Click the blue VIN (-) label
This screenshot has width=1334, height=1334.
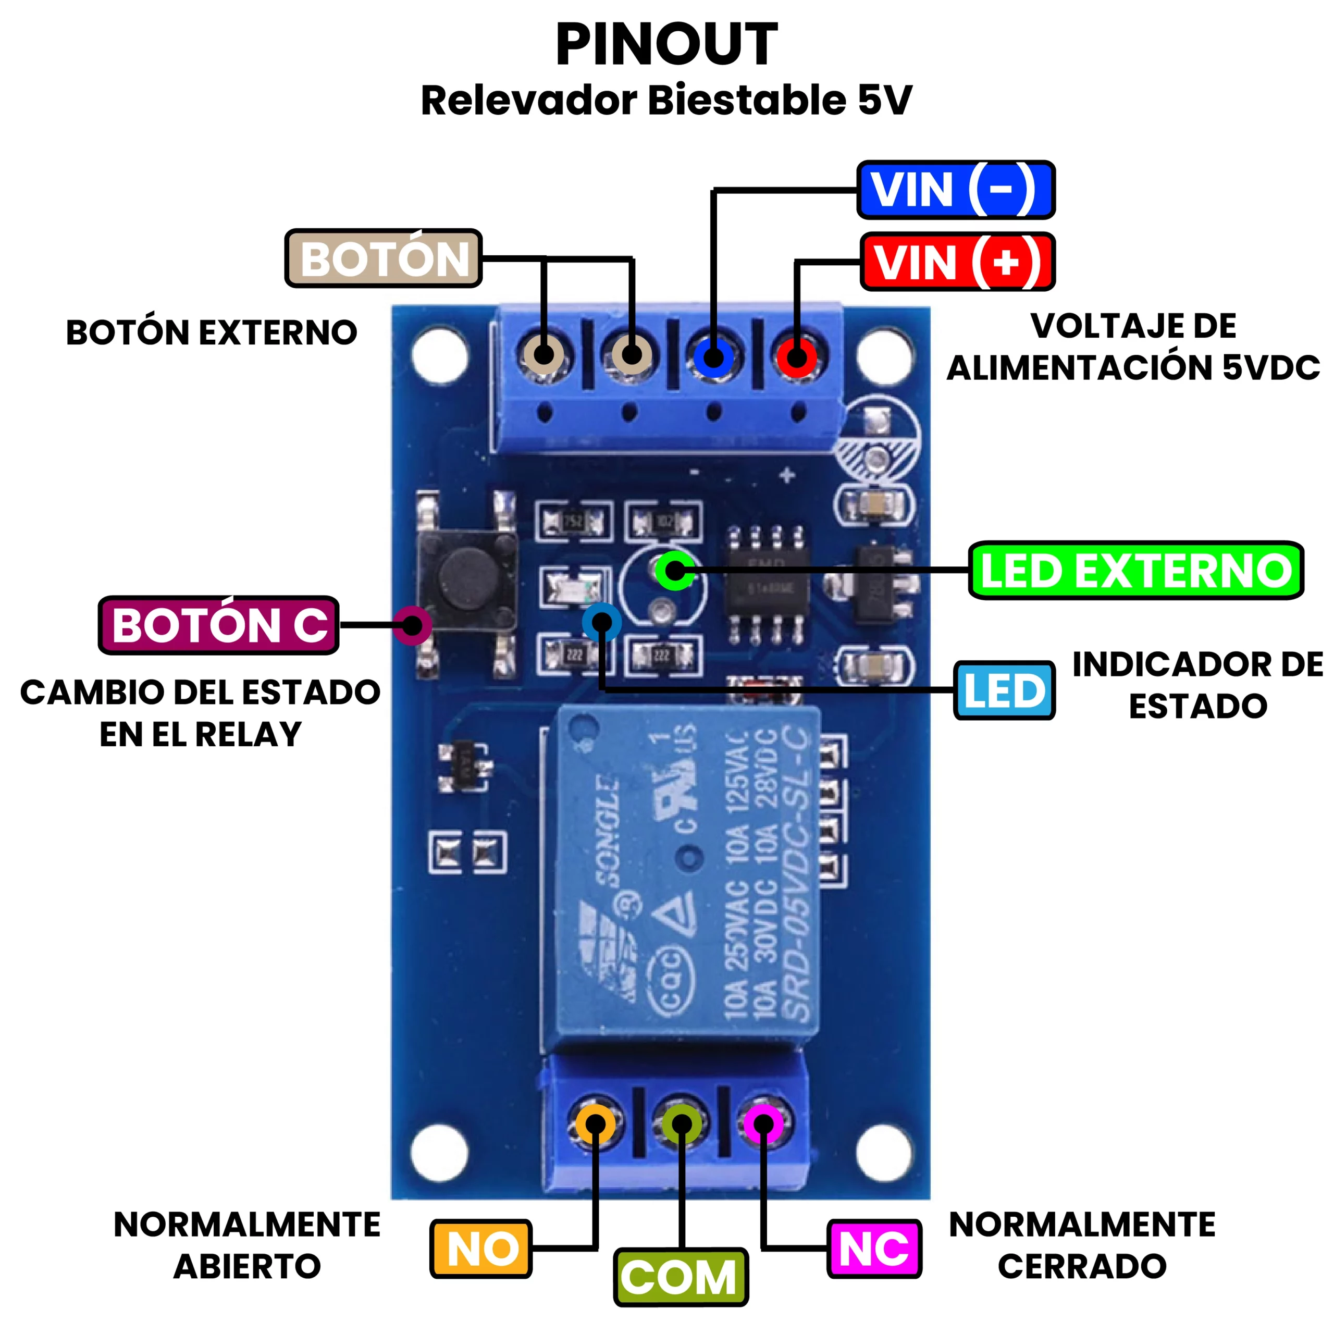(x=956, y=190)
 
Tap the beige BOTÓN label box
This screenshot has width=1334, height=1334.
(x=383, y=259)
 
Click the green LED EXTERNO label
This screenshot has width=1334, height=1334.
(x=1136, y=570)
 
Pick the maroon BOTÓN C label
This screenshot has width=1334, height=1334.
(x=219, y=625)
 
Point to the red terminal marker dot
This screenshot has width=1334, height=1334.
(x=796, y=357)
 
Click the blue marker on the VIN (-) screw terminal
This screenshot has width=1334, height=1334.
(x=714, y=357)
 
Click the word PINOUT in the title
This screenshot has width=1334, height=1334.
(x=666, y=45)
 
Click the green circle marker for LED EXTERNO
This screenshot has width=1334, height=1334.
(x=675, y=570)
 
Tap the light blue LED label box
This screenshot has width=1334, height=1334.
(x=1005, y=690)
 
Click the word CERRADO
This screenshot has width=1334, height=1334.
(x=1082, y=1266)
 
